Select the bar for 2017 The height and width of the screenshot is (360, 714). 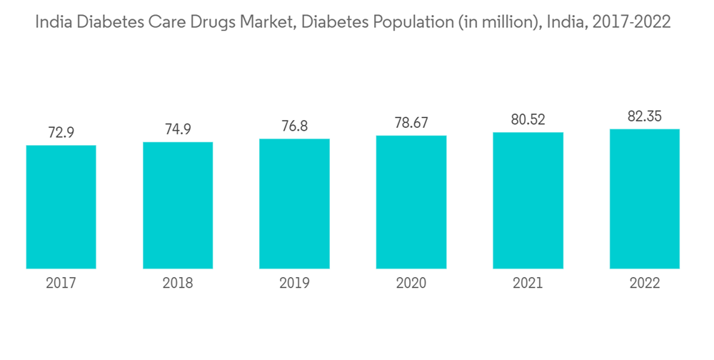tap(61, 207)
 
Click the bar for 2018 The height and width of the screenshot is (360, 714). tap(178, 206)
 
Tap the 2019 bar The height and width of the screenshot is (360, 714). tap(294, 204)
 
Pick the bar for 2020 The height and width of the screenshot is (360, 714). tap(411, 202)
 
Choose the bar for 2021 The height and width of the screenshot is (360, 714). tap(528, 201)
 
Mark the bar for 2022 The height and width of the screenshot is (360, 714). tap(645, 199)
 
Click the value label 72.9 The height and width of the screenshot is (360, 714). tap(61, 133)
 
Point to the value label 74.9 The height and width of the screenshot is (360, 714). tap(178, 129)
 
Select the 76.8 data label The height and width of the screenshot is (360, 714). tap(294, 126)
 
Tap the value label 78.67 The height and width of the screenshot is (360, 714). tap(411, 123)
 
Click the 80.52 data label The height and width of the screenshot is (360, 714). tap(528, 120)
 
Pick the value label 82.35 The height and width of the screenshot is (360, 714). tap(645, 116)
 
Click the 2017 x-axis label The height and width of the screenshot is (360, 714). tap(61, 284)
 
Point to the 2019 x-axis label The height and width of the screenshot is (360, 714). tap(294, 284)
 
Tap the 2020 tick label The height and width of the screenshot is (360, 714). tap(411, 284)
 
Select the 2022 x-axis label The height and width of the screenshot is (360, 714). tap(645, 284)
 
